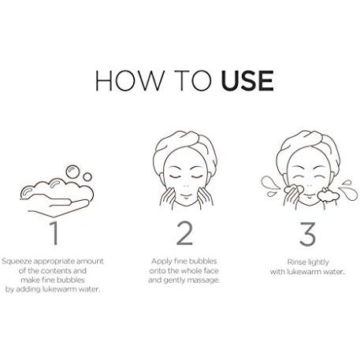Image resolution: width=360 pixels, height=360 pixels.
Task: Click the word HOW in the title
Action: (x=130, y=80)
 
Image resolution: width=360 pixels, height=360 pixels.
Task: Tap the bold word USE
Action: (x=247, y=80)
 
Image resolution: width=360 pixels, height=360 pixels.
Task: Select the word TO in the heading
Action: (x=193, y=80)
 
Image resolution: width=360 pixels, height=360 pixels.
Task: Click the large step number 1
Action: (x=54, y=233)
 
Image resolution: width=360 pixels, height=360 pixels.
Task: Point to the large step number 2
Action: (x=184, y=233)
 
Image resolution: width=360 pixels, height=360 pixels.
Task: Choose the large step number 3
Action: (x=307, y=234)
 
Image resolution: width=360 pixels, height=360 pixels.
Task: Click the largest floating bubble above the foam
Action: (x=72, y=172)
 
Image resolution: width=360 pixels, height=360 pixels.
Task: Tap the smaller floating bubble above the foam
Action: (x=87, y=177)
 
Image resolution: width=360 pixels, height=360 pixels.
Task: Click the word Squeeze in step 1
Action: (x=17, y=262)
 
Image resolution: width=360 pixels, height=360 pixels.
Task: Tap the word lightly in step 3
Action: (x=318, y=262)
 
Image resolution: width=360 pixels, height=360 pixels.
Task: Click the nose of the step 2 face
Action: (x=186, y=186)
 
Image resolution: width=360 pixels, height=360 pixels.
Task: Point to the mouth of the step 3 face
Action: (x=309, y=196)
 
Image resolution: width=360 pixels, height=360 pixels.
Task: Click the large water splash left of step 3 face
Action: (x=269, y=183)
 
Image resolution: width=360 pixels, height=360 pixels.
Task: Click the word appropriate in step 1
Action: (x=58, y=262)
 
